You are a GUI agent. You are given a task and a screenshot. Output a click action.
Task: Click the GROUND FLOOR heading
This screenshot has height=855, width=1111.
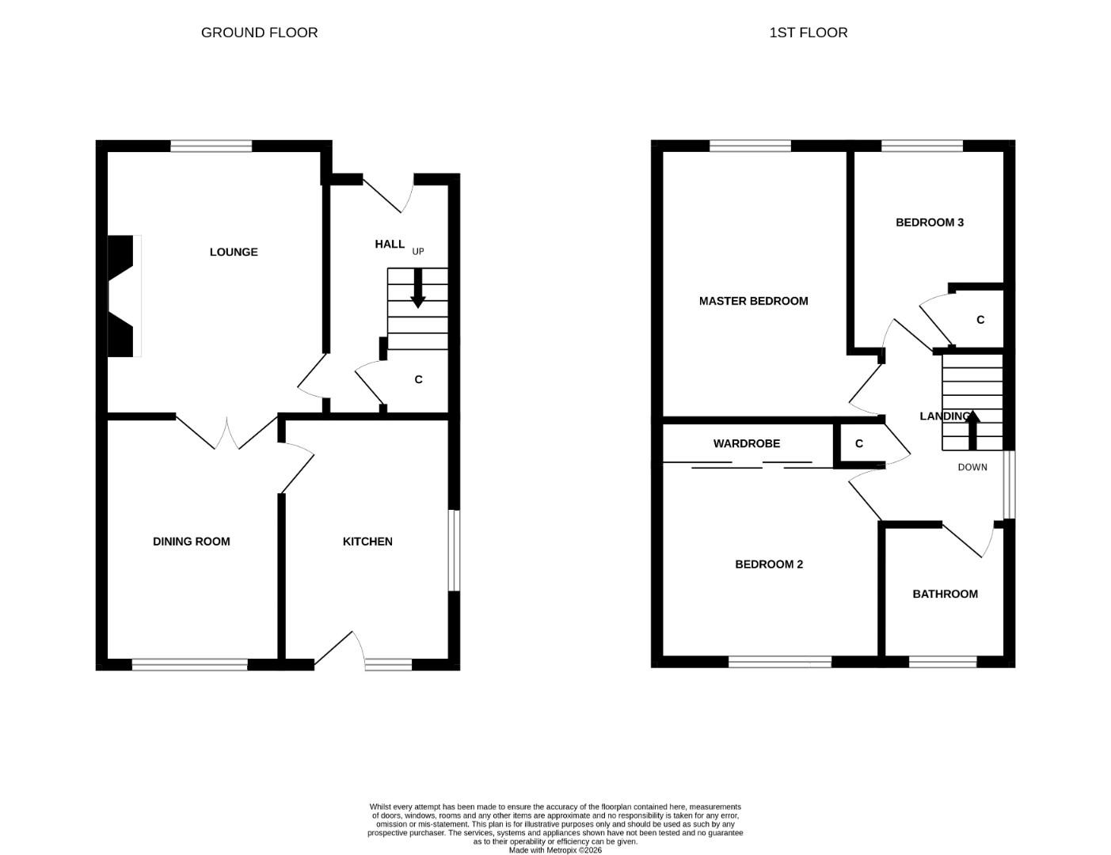259,32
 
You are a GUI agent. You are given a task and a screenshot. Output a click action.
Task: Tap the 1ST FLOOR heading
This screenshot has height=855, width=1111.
809,32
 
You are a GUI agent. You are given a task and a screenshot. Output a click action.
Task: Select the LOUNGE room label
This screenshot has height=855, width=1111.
234,252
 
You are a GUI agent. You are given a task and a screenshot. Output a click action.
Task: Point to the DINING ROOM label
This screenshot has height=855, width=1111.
191,541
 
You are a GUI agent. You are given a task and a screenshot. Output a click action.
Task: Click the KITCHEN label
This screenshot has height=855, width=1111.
367,541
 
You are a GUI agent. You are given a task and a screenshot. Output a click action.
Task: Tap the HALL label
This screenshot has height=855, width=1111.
390,245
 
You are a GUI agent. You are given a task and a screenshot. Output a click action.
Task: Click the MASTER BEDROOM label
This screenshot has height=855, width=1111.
754,301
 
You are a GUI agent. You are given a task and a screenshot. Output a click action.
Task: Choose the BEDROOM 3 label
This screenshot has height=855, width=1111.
930,222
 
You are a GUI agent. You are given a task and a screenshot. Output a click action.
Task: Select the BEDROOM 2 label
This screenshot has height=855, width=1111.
769,564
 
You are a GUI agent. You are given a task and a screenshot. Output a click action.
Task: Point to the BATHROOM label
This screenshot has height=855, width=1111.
945,594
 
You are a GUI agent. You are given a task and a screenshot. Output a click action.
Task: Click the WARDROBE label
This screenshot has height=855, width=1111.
747,443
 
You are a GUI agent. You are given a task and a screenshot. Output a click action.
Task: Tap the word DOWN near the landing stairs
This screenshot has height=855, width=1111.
972,467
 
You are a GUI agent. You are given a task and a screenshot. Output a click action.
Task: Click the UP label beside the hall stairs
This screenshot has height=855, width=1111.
418,252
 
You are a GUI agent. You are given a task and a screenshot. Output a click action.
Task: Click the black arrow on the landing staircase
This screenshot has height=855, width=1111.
972,430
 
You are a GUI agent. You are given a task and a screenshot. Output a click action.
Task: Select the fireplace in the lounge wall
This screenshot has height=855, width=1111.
123,296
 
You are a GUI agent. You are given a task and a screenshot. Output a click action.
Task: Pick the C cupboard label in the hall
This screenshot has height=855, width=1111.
418,380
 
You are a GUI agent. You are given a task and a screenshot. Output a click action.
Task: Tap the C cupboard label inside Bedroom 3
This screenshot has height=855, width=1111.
980,320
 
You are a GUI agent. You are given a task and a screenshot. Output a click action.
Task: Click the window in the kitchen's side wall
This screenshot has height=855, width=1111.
454,550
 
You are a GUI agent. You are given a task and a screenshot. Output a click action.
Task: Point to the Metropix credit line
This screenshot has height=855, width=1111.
555,850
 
